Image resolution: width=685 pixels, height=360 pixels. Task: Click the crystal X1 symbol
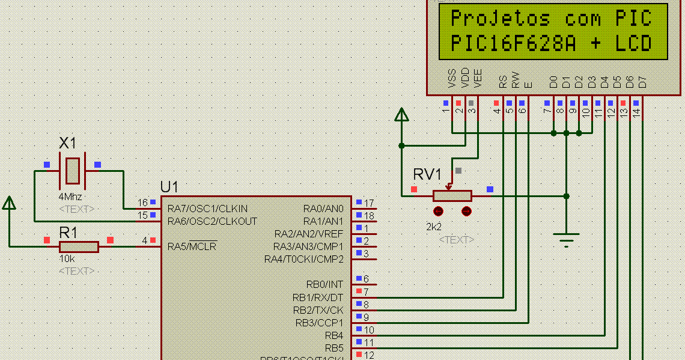tap(72, 171)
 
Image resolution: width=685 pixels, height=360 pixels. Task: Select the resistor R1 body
tap(79, 246)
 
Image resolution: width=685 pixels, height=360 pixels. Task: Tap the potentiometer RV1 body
tap(452, 195)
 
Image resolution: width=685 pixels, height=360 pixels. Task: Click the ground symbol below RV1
tap(566, 239)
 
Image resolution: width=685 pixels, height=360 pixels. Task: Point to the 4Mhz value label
tap(70, 197)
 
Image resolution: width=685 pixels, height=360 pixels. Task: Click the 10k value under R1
tap(67, 258)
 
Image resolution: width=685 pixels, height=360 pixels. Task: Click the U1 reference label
tap(169, 187)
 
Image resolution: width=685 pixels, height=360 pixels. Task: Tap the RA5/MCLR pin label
tap(192, 246)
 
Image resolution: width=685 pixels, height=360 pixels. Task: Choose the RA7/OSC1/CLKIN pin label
tap(207, 209)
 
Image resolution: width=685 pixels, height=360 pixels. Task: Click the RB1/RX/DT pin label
tap(318, 297)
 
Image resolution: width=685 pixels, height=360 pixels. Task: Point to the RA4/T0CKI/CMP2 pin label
tap(303, 259)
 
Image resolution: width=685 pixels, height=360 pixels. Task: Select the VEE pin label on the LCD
tap(478, 78)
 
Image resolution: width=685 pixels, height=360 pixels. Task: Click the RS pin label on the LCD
tap(503, 81)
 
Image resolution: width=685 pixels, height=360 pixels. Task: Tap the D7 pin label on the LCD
tap(642, 81)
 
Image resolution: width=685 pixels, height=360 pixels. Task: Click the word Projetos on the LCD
tap(500, 19)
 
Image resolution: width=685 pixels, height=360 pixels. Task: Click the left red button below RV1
tap(438, 211)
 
